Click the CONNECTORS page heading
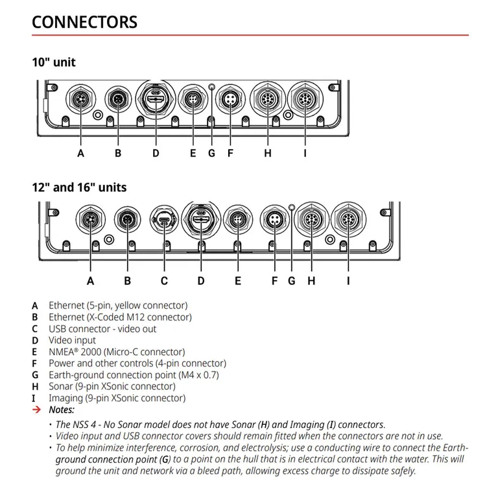click(x=84, y=21)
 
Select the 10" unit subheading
click(x=54, y=62)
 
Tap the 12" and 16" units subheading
click(x=79, y=187)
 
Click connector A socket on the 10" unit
click(x=80, y=100)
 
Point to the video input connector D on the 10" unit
click(x=156, y=99)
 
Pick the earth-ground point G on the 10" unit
click(x=211, y=86)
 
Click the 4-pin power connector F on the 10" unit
click(x=230, y=100)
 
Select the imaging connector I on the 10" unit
click(x=305, y=100)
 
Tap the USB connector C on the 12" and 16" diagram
click(x=164, y=221)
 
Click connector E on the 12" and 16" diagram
click(x=238, y=221)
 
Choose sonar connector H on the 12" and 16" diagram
click(x=311, y=221)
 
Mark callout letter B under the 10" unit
click(x=118, y=154)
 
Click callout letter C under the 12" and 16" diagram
click(x=164, y=281)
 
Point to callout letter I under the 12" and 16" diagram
click(x=348, y=281)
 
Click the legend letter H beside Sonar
click(x=34, y=386)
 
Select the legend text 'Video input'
click(x=72, y=340)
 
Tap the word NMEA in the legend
click(x=61, y=351)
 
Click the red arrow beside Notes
click(x=36, y=410)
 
